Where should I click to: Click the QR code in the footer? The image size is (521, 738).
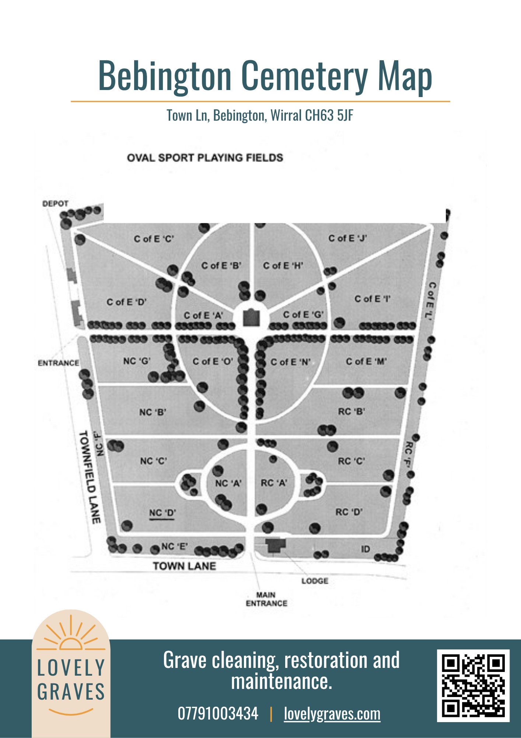coord(473,686)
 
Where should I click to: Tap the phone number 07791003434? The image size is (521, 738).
coord(218,713)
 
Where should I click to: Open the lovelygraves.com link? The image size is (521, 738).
coord(332,714)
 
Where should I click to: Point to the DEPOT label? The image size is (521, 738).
coord(55,203)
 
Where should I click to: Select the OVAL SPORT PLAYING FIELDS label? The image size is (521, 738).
coord(205,158)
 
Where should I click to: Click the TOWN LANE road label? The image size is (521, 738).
coord(184,566)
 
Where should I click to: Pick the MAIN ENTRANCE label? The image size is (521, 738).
coord(266,599)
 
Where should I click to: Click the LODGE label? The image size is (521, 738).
coord(315,581)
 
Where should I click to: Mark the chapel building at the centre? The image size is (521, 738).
coord(252,317)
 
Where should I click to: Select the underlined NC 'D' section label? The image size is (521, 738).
coord(162,513)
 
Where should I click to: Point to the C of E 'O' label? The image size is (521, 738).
coord(213,362)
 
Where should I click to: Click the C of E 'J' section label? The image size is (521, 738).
coord(347,238)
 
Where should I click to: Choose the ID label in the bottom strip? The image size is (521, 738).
coord(365,549)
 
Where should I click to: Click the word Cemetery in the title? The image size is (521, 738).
coord(304,76)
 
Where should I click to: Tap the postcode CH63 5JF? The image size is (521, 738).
coord(329,115)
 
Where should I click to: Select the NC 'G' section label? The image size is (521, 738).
coord(137,361)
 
